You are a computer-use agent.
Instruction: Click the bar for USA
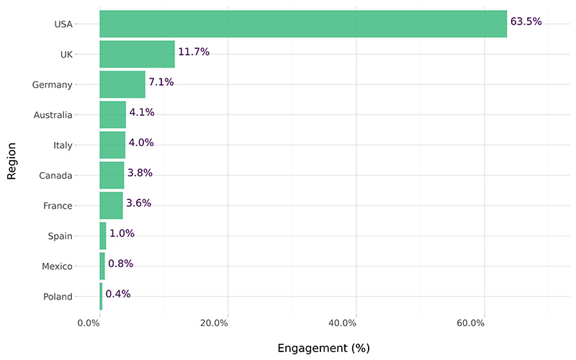click(302, 24)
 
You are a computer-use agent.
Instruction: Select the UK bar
click(137, 54)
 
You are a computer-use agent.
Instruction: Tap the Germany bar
click(122, 84)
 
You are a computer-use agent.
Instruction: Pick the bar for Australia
click(112, 114)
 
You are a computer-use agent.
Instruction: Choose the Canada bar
click(112, 175)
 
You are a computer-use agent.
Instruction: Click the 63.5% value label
click(526, 22)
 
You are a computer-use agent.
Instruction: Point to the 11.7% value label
click(194, 52)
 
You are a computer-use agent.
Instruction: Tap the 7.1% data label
click(161, 82)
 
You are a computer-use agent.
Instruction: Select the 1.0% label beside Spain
click(122, 233)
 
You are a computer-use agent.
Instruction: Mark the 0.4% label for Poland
click(118, 294)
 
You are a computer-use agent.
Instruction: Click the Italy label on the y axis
click(63, 145)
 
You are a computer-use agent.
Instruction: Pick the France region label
click(58, 206)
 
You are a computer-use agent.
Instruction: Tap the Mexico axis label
click(56, 266)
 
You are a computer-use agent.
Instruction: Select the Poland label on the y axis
click(58, 297)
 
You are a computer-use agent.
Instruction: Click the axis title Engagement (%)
click(323, 348)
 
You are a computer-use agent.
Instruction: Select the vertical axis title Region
click(12, 160)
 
